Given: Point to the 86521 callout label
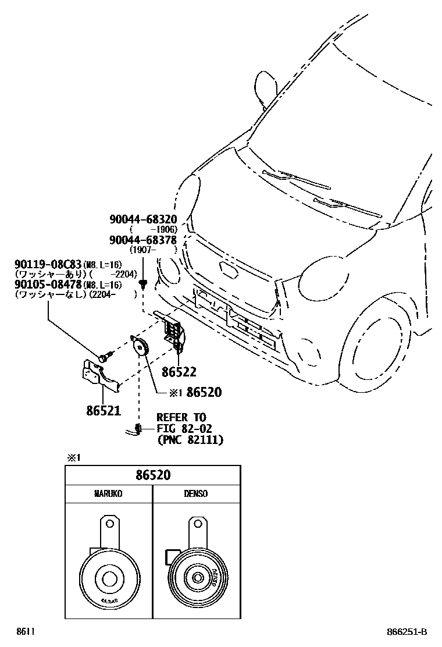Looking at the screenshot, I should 104,411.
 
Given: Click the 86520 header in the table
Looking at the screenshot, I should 153,475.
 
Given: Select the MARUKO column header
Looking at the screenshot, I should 108,494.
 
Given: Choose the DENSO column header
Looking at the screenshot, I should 196,494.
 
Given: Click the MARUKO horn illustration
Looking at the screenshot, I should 108,567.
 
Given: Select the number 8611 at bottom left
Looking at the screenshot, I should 25,632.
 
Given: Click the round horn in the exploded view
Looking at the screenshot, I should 141,347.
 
